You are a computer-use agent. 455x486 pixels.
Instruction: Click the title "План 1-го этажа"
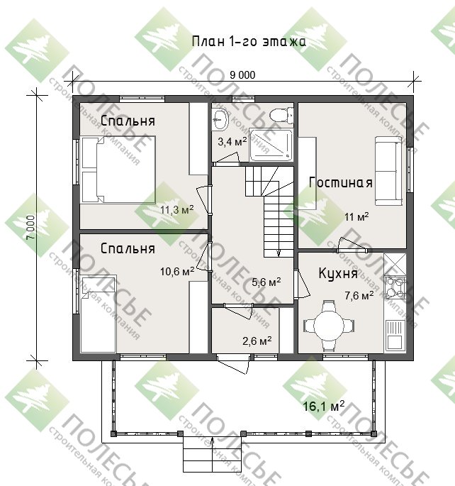(x=249, y=42)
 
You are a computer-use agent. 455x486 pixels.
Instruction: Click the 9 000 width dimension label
(x=242, y=75)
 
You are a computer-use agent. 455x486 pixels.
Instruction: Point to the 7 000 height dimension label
(x=31, y=228)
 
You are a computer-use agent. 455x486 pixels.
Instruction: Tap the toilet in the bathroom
(x=281, y=115)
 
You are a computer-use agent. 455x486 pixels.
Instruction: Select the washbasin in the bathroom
(x=220, y=119)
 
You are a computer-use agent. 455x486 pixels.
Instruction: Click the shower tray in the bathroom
(x=271, y=145)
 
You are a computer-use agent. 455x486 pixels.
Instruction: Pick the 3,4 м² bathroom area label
(x=232, y=142)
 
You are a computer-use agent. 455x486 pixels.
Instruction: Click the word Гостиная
(x=340, y=182)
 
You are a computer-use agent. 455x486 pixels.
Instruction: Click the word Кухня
(x=338, y=274)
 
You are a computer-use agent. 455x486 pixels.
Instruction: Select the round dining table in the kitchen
(x=329, y=326)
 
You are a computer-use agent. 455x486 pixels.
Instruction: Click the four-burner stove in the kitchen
(x=395, y=287)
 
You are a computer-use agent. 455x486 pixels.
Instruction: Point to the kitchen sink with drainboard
(x=395, y=335)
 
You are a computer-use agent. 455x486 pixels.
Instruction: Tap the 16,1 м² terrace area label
(x=323, y=406)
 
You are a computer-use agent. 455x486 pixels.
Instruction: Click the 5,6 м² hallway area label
(x=266, y=282)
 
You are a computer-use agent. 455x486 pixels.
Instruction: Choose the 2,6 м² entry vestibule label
(x=257, y=341)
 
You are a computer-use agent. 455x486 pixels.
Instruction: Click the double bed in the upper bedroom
(x=118, y=170)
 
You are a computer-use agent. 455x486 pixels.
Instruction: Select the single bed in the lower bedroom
(x=98, y=314)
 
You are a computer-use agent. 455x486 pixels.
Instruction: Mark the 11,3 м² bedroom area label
(x=176, y=210)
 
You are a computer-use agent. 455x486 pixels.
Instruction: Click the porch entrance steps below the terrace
(x=212, y=457)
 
